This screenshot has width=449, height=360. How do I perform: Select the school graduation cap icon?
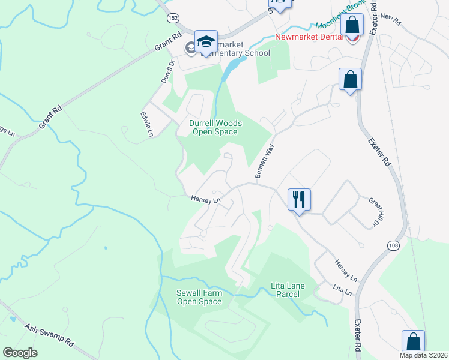[206, 42]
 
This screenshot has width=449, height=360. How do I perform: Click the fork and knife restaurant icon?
[299, 199]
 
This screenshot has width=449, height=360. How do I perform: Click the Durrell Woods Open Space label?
[215, 127]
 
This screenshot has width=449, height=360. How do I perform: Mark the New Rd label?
[390, 19]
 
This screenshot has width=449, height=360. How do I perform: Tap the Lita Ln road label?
[342, 290]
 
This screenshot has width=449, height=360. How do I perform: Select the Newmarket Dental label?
[309, 37]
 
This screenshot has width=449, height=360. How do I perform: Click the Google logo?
[20, 353]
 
